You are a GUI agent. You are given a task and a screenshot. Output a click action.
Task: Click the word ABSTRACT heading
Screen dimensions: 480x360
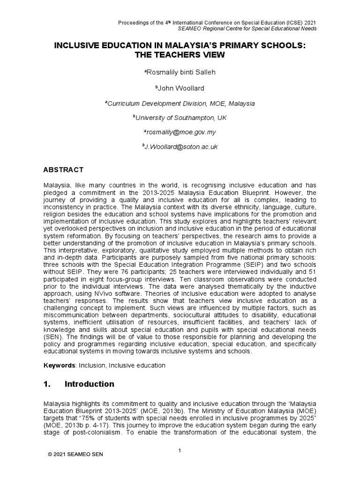coord(63,170)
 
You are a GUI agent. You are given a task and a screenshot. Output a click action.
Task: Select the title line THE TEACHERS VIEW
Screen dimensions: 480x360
coord(180,55)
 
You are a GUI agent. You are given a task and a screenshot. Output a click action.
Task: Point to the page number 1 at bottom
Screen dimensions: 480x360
coord(180,451)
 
